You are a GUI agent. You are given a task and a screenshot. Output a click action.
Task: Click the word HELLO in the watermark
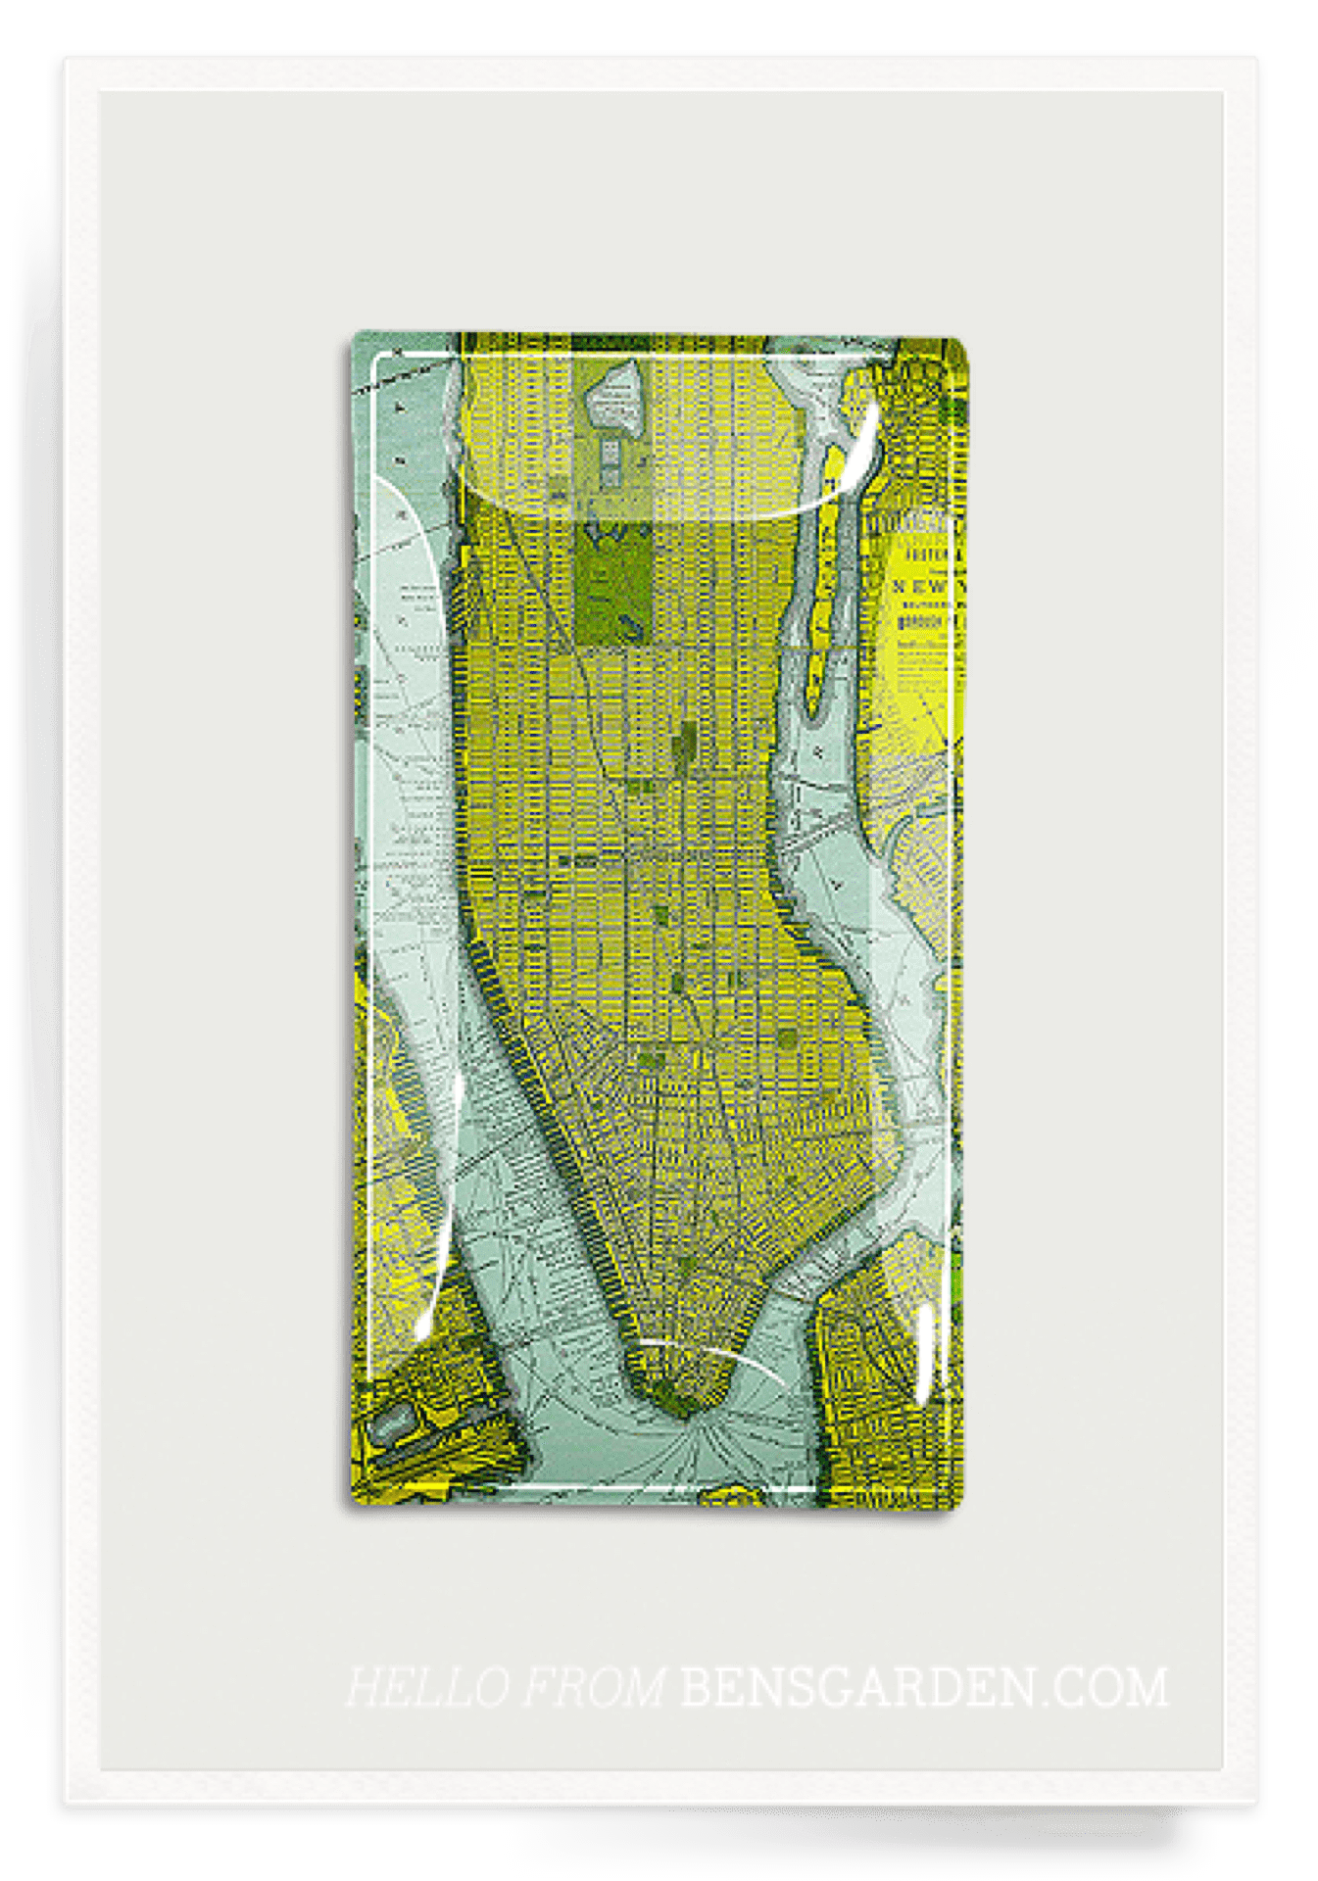427,1687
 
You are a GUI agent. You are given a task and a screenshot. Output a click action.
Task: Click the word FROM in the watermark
593,1687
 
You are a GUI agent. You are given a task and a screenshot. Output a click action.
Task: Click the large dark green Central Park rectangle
613,583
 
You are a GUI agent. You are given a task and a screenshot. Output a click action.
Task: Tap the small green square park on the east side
788,1037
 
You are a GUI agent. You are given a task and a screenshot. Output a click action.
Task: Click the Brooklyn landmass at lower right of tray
872,1372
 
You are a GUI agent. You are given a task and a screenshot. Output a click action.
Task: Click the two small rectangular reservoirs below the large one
610,460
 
